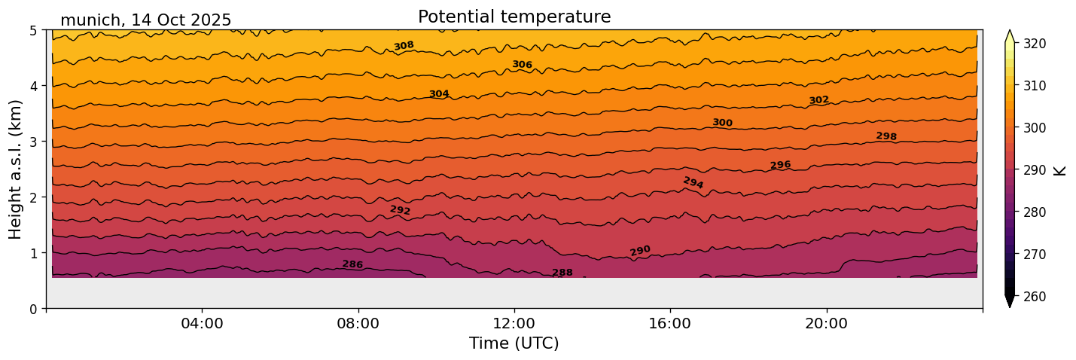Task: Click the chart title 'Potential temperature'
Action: [514, 17]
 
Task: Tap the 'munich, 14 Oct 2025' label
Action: [145, 20]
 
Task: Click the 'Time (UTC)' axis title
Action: [514, 343]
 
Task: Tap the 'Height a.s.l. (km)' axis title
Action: [16, 169]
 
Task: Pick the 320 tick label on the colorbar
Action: [1033, 44]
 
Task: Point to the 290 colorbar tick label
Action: [1033, 170]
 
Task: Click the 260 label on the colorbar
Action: [1033, 297]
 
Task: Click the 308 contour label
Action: [404, 46]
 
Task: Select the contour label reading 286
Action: [352, 264]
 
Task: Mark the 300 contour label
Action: [722, 123]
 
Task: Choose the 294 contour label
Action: [693, 183]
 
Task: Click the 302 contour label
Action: [818, 100]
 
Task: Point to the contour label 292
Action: [400, 210]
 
